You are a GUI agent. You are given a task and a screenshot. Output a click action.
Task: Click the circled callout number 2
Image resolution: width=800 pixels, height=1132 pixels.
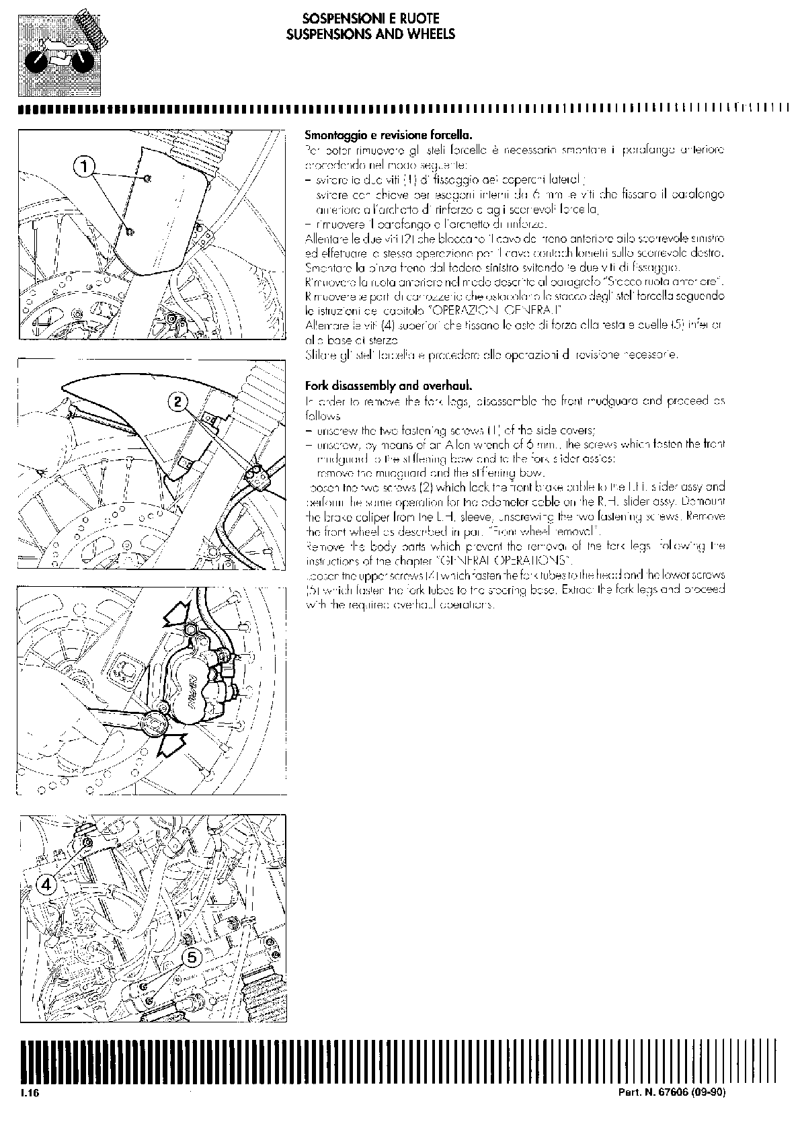[x=177, y=402]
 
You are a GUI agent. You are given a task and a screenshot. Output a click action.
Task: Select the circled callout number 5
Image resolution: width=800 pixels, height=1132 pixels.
[x=191, y=957]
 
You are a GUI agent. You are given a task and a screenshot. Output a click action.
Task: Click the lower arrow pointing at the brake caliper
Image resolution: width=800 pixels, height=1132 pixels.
[x=173, y=744]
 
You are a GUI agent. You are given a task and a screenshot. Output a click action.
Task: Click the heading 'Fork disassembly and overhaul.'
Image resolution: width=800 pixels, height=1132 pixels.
[x=389, y=386]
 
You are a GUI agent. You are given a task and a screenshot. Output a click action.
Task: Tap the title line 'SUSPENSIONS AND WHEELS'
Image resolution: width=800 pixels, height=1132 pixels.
[x=370, y=34]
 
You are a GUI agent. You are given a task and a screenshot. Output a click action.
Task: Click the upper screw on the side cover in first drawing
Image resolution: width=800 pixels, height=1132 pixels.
[x=149, y=177]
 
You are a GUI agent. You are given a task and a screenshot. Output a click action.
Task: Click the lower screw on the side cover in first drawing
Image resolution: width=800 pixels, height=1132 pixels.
[x=131, y=232]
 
